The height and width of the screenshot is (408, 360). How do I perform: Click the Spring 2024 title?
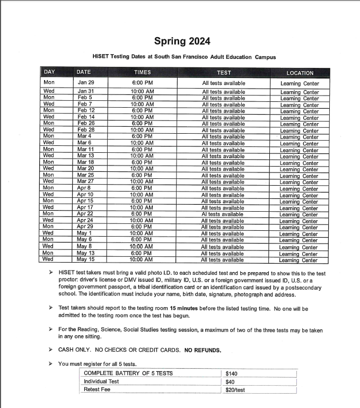point(182,41)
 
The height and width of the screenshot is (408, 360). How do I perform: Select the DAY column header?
point(49,72)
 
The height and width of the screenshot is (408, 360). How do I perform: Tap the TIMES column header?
point(142,72)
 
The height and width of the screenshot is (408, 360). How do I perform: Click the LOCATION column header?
point(300,73)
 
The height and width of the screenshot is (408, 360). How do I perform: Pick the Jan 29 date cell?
point(85,83)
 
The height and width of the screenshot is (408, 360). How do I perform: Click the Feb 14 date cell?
point(85,117)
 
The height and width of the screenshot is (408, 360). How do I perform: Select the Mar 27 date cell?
point(85,182)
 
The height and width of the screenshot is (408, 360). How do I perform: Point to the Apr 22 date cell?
point(85,214)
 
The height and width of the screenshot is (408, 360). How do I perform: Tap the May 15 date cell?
point(85,259)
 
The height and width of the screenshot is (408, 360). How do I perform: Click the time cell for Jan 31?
point(142,92)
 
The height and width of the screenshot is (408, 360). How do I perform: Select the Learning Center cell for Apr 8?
point(300,189)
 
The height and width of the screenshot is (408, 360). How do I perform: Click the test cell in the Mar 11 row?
point(223,150)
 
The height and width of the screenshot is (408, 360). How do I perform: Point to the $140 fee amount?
point(231,374)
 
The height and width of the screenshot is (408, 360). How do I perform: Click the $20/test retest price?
point(235,390)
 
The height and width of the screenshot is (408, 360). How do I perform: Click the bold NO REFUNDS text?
point(203,350)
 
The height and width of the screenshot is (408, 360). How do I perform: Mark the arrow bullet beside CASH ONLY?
point(50,350)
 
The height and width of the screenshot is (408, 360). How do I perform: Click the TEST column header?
point(224,73)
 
